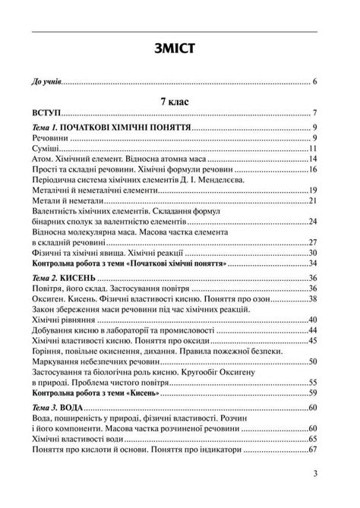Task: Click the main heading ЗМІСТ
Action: [179, 49]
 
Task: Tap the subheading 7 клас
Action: [180, 99]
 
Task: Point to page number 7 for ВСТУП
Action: [314, 113]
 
